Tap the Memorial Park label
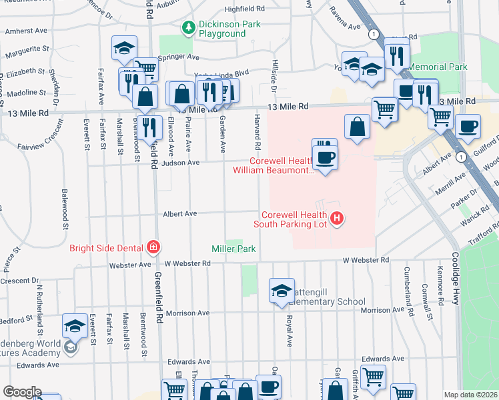point(438,67)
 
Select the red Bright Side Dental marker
point(153,248)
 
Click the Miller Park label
point(234,249)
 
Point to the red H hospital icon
point(337,217)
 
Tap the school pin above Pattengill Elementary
point(282,290)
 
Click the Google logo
point(21,392)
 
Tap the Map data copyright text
point(470,395)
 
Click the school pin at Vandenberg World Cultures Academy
point(75,327)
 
